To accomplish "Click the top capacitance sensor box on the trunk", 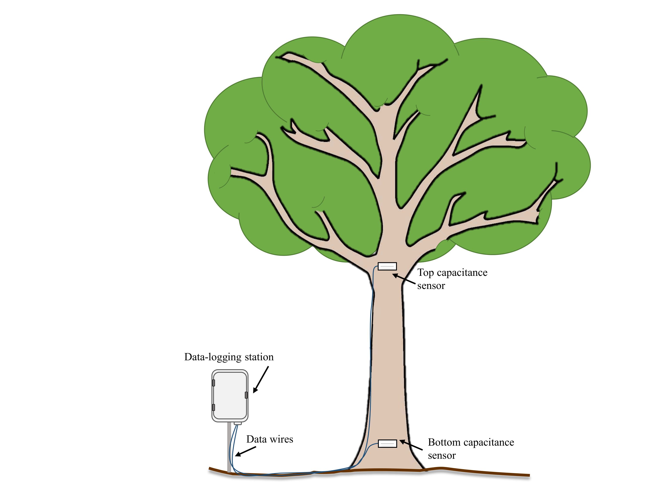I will [387, 266].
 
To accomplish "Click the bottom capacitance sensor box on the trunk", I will [387, 444].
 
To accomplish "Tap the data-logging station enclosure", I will [230, 395].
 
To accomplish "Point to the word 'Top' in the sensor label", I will [426, 273].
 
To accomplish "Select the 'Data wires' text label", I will [269, 439].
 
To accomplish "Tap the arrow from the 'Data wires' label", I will [245, 451].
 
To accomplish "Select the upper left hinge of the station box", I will [213, 383].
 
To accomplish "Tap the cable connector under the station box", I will [238, 423].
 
